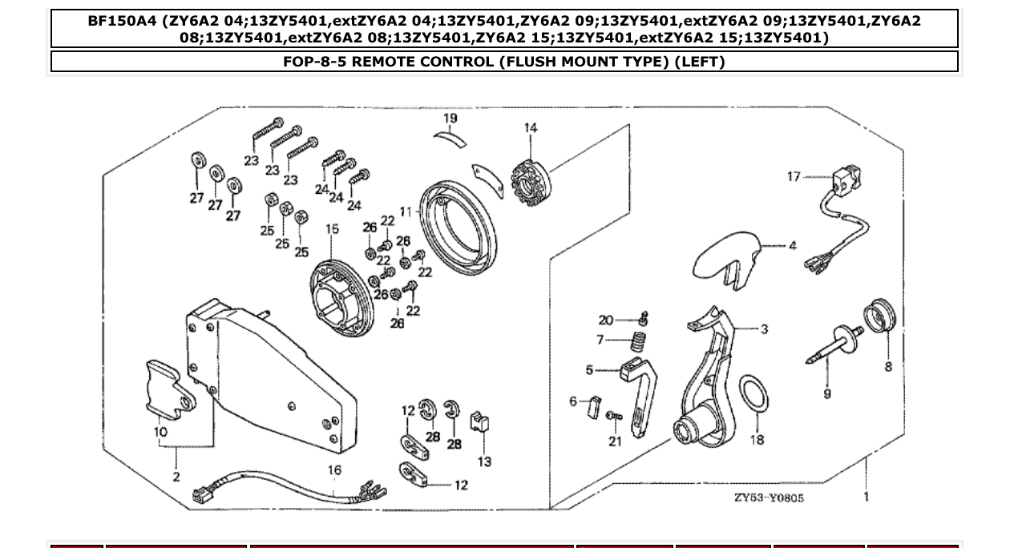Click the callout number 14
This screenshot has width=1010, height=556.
point(531,128)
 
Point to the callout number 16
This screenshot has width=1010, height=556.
point(333,469)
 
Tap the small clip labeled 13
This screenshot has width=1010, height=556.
point(482,424)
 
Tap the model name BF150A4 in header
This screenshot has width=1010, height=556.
point(122,21)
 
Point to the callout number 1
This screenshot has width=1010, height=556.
point(867,497)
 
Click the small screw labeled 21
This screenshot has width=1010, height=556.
point(613,416)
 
